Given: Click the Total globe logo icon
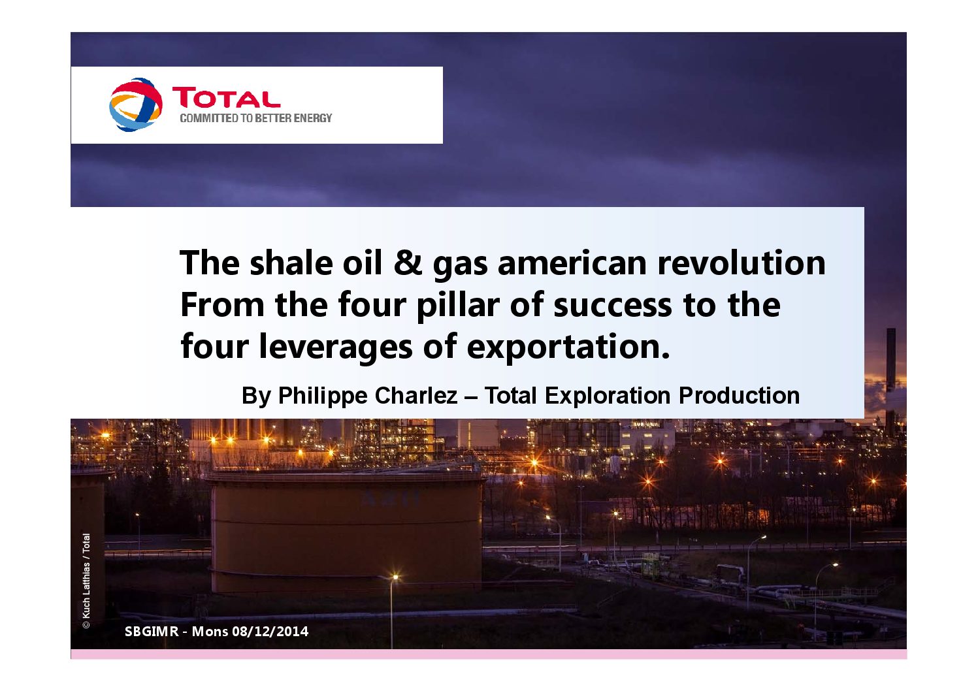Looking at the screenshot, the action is (x=136, y=104).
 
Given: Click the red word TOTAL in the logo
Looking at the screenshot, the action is (x=226, y=97).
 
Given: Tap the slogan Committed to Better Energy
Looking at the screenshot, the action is (x=256, y=118).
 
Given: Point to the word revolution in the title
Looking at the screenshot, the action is (x=742, y=263).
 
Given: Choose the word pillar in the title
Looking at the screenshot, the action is (x=458, y=305).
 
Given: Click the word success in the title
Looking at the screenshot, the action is (x=613, y=306).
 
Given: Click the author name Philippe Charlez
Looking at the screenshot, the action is (x=368, y=396).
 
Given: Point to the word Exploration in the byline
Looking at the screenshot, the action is (x=608, y=396).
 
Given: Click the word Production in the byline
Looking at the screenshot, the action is (x=739, y=396).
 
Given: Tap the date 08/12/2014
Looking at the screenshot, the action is (x=270, y=631).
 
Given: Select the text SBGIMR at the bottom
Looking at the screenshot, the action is (x=152, y=631).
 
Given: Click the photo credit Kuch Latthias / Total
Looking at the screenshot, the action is (x=86, y=581).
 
